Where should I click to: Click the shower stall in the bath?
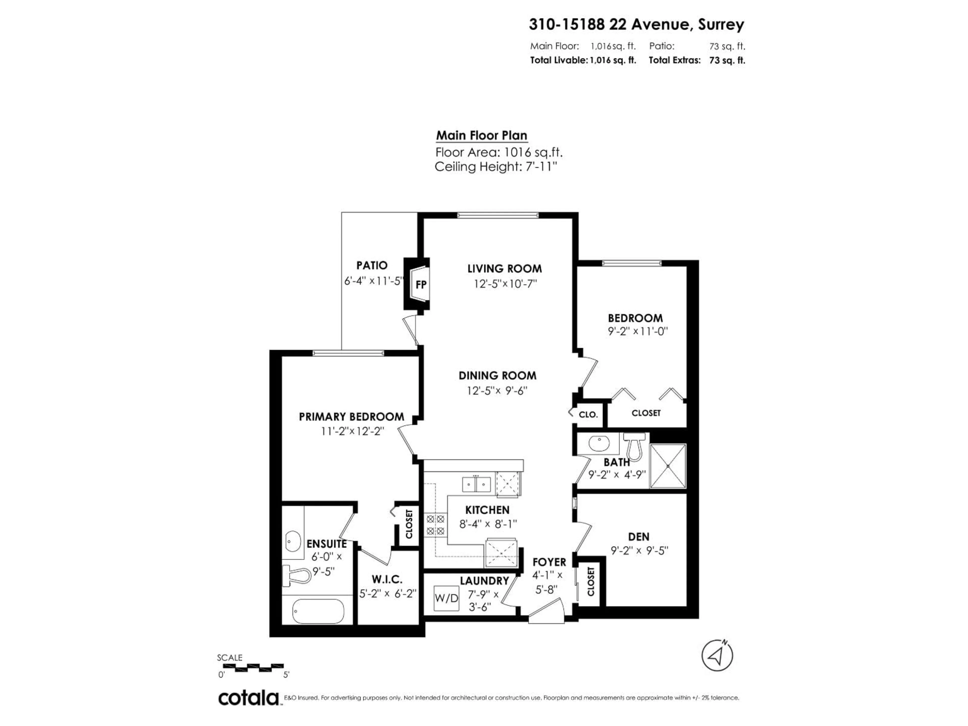(x=668, y=466)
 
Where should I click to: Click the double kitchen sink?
(x=476, y=485)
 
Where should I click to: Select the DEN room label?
(x=639, y=536)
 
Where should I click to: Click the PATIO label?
(x=372, y=265)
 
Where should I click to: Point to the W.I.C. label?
(x=387, y=579)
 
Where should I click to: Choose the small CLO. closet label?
(x=588, y=414)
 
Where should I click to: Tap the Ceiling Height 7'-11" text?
(x=496, y=167)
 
